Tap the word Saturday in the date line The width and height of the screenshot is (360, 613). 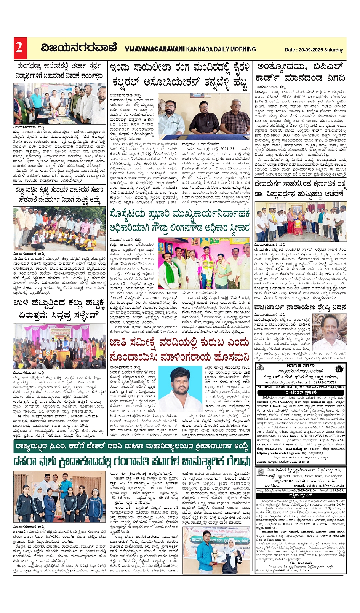pyautogui.click(x=334, y=50)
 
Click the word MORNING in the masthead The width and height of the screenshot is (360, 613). pyautogui.click(x=239, y=49)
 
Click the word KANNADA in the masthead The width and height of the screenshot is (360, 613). pyautogui.click(x=200, y=49)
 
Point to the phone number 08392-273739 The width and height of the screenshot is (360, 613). pyautogui.click(x=323, y=382)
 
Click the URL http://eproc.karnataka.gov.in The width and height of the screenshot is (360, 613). pyautogui.click(x=281, y=453)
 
